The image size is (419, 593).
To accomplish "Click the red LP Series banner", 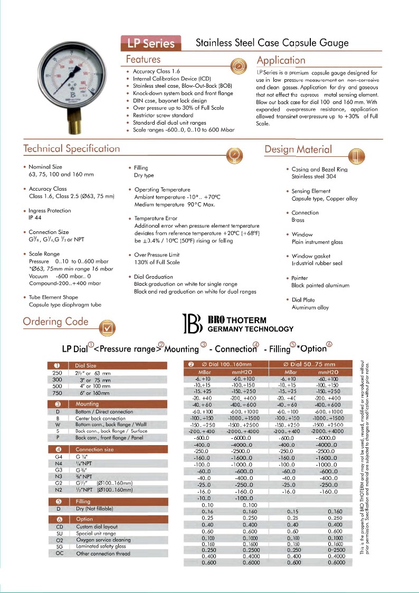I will click(x=151, y=42).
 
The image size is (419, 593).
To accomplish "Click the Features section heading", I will click(x=143, y=59).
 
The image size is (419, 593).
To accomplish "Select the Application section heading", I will click(x=281, y=60).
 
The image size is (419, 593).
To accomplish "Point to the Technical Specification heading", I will click(x=71, y=148).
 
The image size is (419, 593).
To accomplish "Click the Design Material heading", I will click(x=298, y=149).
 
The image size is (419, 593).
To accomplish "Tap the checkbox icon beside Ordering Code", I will click(x=107, y=327).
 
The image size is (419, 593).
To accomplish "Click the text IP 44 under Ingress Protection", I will click(x=35, y=217).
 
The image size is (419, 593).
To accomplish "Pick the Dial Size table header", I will click(x=86, y=365).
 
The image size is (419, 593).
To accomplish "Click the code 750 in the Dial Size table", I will click(x=58, y=393).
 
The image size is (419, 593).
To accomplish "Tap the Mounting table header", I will click(x=87, y=404).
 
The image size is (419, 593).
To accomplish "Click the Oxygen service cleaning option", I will click(x=103, y=540).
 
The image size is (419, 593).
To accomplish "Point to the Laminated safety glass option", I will click(x=101, y=547).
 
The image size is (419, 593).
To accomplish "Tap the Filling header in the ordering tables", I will click(x=83, y=502).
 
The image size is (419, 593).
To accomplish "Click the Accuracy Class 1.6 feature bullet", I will click(x=156, y=71).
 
